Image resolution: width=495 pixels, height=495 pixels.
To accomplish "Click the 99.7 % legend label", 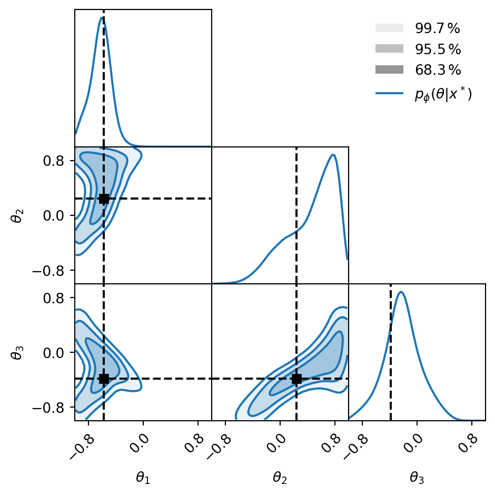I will tap(438, 29).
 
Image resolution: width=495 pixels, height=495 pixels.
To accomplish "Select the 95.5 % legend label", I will tap(438, 50).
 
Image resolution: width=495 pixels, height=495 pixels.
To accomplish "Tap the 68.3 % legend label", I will tap(438, 70).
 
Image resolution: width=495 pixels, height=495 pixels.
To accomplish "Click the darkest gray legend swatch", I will tap(389, 70).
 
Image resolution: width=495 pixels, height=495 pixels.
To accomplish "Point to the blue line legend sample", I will tap(389, 94).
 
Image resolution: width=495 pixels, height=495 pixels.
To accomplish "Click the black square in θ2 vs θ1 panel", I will tap(104, 199).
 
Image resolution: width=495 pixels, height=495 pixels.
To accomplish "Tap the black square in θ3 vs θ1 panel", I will tap(104, 379).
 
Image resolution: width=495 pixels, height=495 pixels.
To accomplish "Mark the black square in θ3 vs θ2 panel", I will tap(296, 379).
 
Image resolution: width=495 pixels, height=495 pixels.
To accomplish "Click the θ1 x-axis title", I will tap(143, 478).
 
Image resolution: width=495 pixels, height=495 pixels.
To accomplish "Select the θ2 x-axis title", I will tap(280, 478).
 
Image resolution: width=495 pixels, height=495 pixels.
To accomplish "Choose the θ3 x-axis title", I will tap(417, 478).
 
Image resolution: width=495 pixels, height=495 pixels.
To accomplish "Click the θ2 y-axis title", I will tap(17, 215).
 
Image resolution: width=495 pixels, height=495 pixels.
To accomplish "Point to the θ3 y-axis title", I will tap(17, 352).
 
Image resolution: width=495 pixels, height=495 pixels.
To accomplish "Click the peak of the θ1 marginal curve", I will tap(101, 17).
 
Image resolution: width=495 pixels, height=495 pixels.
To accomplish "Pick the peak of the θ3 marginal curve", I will tap(401, 292).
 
